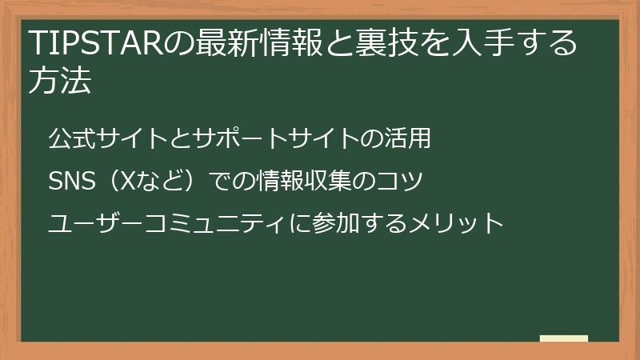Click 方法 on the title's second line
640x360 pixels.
click(59, 82)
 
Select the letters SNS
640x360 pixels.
click(72, 182)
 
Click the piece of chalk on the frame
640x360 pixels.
click(564, 338)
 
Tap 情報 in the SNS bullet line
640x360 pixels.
click(280, 182)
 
